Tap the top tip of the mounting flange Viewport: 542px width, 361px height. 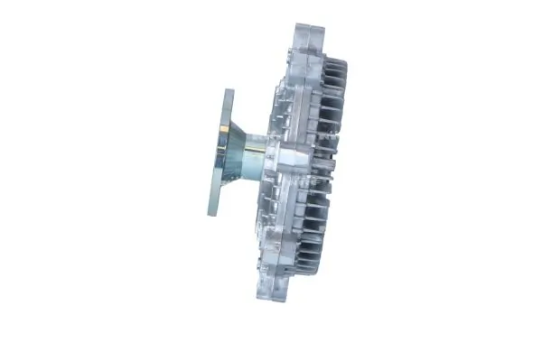tap(226, 91)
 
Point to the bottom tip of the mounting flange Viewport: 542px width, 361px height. tap(214, 214)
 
